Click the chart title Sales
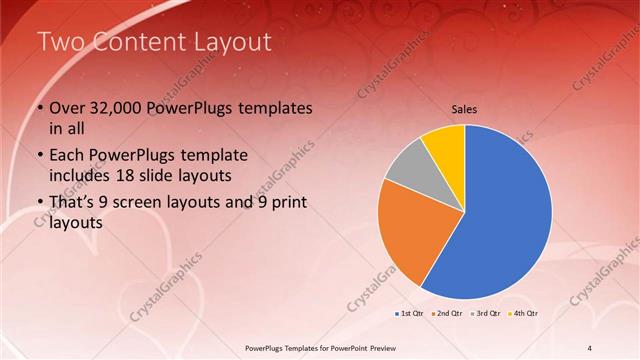click(x=465, y=109)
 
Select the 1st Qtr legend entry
click(x=408, y=313)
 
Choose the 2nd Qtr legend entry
click(x=447, y=313)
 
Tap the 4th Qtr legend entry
click(x=524, y=313)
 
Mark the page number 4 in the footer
click(x=590, y=347)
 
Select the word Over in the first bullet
click(x=68, y=108)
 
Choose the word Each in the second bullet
click(x=68, y=156)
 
